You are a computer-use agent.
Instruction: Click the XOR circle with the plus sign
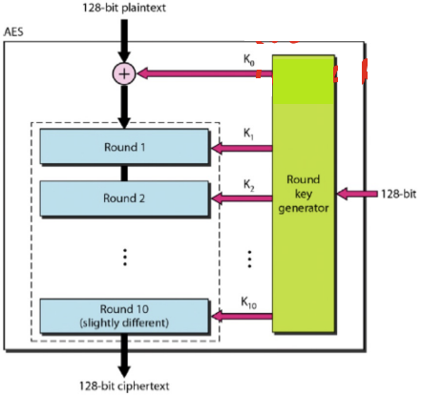pos(124,73)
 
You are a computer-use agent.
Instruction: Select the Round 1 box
pos(124,147)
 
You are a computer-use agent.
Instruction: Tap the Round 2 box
pos(124,198)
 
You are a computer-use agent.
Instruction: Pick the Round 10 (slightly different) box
pos(124,316)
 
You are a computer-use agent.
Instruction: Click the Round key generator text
pos(304,194)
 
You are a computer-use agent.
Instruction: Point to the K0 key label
pos(249,60)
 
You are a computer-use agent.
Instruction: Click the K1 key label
pos(248,134)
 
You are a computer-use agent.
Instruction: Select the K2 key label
pos(249,185)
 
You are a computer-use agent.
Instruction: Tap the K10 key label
pos(249,302)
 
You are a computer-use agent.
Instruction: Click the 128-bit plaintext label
pos(124,8)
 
